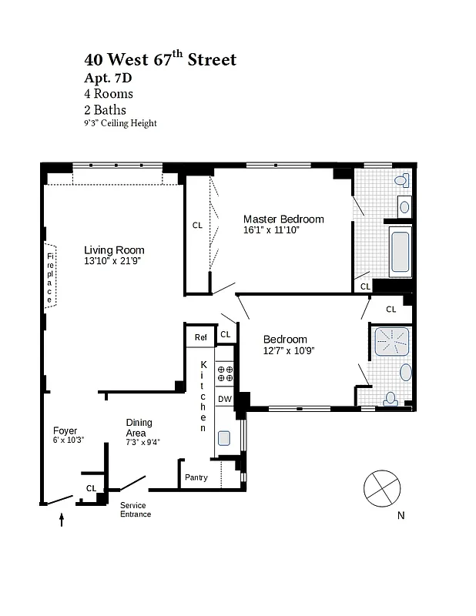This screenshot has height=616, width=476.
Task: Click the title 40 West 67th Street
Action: [160, 59]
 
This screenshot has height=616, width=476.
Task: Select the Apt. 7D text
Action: [109, 78]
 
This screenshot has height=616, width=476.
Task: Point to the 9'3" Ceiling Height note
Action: [120, 123]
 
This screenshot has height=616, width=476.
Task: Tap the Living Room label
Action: [114, 250]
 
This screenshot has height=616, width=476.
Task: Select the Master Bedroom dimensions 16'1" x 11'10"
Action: [270, 229]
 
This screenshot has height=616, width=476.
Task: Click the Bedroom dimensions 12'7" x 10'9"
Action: [288, 350]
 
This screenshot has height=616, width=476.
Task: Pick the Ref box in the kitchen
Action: [200, 336]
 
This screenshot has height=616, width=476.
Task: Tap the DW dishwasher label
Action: [224, 398]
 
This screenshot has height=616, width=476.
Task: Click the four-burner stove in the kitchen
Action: [225, 374]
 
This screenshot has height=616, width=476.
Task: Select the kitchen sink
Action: [224, 438]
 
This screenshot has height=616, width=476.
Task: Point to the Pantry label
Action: [196, 477]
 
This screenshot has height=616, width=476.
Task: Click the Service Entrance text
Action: [135, 510]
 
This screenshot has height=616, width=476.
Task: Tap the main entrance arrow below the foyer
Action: [62, 521]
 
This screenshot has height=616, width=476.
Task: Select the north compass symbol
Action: [383, 488]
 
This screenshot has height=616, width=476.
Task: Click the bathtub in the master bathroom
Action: [401, 253]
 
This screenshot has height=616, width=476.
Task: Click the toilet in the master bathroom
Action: [401, 181]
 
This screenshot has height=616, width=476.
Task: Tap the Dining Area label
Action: [139, 427]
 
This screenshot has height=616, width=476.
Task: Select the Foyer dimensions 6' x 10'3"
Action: [68, 440]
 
